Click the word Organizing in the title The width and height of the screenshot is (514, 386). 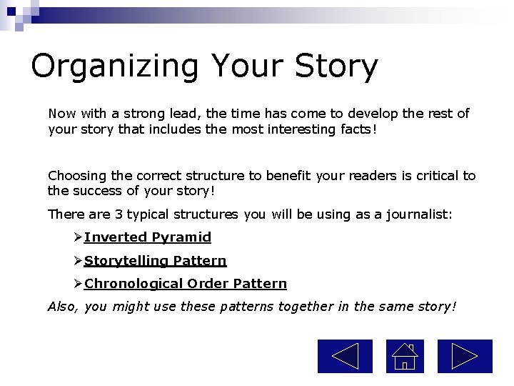pos(115,66)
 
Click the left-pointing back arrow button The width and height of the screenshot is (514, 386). pos(345,356)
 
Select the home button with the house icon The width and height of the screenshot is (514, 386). pos(405,356)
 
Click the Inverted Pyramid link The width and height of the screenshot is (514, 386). pos(148,237)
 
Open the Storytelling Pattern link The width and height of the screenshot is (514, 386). pos(155,261)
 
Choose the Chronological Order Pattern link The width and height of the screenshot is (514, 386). pos(186,284)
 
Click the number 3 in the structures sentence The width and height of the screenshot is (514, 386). pos(119,214)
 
